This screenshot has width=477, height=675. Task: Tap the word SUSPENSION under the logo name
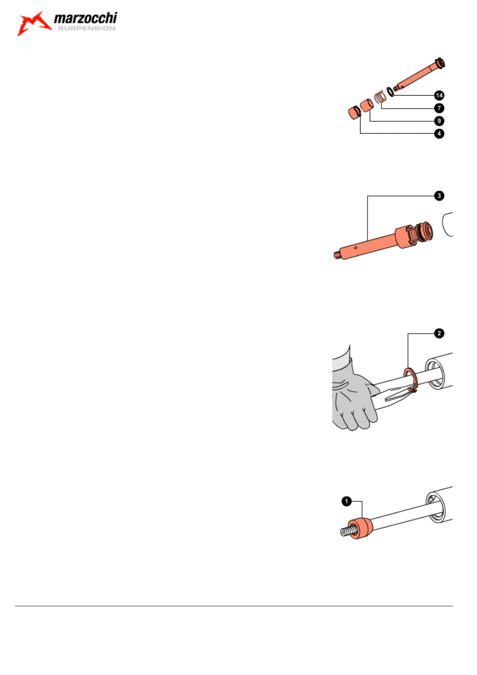point(85,29)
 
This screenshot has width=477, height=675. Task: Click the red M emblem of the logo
point(34,24)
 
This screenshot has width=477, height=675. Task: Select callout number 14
point(439,95)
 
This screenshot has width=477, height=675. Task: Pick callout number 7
point(439,108)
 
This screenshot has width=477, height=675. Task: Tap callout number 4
point(439,134)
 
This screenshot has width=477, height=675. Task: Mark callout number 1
point(346,501)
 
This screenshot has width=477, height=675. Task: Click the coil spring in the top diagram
point(380,97)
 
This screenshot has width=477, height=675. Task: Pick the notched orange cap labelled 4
point(353,113)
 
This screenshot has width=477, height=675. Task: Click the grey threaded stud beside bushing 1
point(346,532)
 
